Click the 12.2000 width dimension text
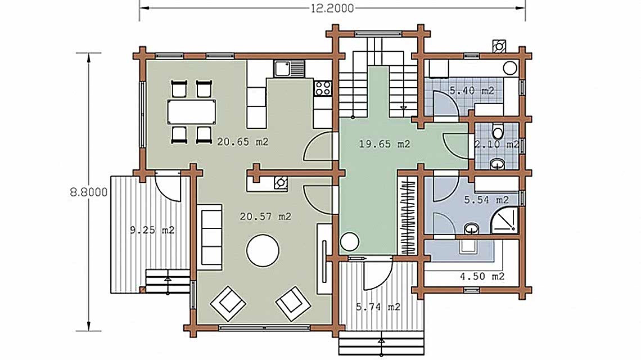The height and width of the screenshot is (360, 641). click(331, 7)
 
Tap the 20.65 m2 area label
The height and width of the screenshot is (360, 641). click(242, 142)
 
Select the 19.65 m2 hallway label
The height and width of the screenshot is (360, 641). click(385, 144)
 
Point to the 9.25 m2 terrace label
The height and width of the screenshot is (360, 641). click(152, 229)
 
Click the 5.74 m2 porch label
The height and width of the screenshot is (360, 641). click(378, 307)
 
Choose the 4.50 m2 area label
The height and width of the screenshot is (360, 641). click(482, 276)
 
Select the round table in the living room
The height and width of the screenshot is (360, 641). click(263, 250)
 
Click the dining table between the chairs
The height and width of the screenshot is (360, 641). click(191, 111)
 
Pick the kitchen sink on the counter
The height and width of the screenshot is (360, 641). click(289, 69)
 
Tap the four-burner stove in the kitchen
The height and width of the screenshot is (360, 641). click(323, 87)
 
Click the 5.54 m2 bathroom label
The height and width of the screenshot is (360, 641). click(486, 199)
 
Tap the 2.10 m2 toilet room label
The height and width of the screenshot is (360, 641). click(496, 145)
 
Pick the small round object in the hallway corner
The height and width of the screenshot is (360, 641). click(350, 241)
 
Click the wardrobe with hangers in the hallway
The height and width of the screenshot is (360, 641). click(408, 214)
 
